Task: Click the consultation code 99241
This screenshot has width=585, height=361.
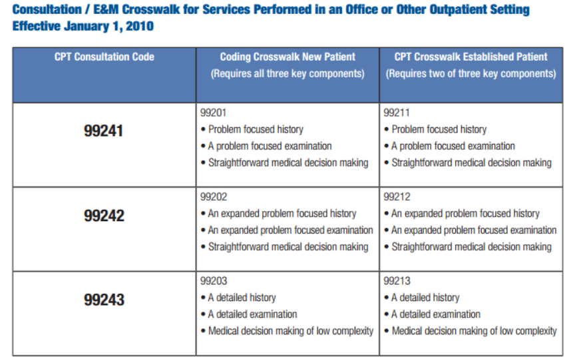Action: point(104,131)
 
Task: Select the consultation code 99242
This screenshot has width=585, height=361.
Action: point(104,215)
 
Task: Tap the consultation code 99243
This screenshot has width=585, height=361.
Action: point(104,300)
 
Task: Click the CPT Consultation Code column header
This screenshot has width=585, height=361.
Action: point(104,57)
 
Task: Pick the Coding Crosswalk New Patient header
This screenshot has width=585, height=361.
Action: point(288,57)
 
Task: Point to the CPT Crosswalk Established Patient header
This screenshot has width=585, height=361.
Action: point(471,57)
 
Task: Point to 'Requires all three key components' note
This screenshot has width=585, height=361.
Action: point(288,74)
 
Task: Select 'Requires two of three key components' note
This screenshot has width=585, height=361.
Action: point(471,74)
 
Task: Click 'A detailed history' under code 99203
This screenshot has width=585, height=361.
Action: point(242,298)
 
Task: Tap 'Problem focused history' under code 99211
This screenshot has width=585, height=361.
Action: point(439,129)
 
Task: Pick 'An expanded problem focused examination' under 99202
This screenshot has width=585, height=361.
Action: point(290,230)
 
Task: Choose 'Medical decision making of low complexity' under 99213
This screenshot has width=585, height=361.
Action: point(474,331)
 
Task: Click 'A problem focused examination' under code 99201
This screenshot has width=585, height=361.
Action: point(270,146)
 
